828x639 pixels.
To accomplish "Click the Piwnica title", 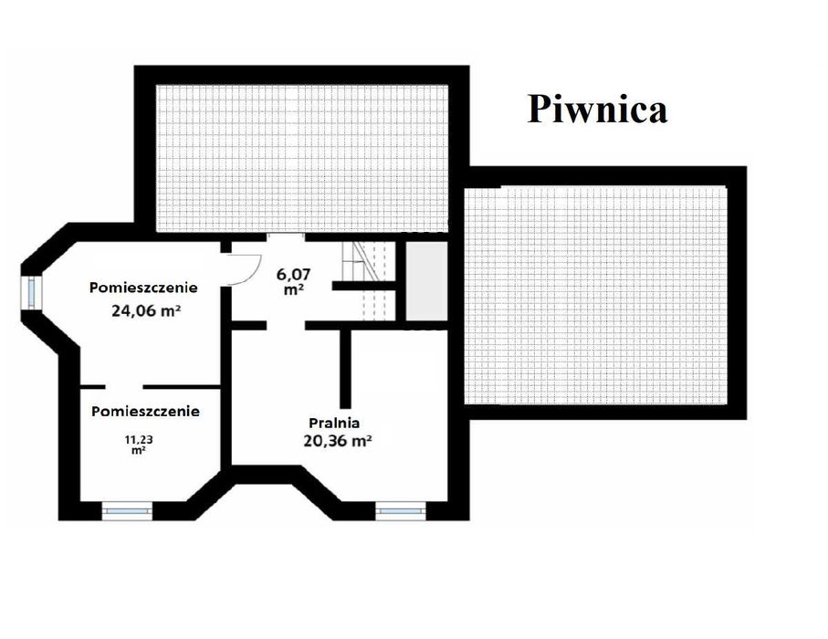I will pos(597,109).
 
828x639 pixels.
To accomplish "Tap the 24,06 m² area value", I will pos(144,309).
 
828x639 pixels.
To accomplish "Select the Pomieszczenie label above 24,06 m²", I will pos(143,288).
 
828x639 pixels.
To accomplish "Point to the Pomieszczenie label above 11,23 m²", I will pos(145,411).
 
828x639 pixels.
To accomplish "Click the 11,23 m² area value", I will pos(139,444).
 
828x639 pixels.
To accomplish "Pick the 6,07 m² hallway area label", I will pos(292,278).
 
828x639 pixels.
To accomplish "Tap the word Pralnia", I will pos(334,423).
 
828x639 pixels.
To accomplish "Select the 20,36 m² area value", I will pos(336,440).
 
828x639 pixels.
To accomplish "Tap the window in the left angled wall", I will pos(33,291).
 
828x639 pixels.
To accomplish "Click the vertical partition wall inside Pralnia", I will pos(347,369).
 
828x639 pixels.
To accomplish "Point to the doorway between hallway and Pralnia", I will pos(286,325).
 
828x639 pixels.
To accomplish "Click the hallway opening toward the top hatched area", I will pos(286,235).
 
